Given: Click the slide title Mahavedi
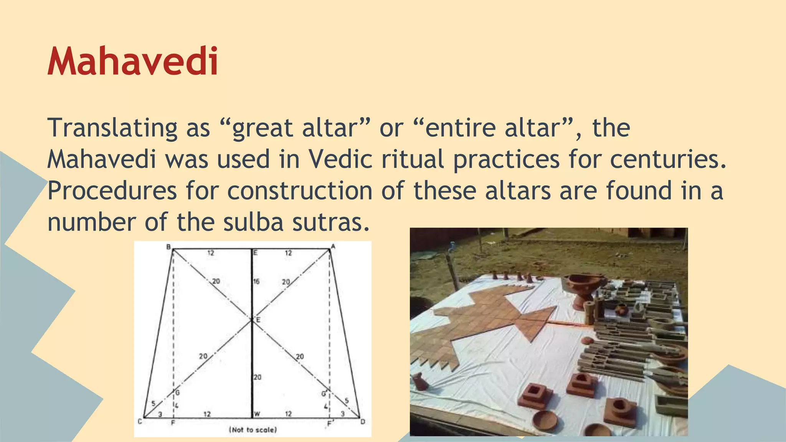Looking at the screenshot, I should tap(133, 62).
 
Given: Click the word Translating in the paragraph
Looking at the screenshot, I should tap(112, 128).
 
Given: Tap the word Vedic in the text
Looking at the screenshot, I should tap(340, 159).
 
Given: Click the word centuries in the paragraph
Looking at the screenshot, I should tap(668, 159).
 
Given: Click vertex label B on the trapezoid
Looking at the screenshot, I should tap(168, 247).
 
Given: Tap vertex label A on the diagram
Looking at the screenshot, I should tap(333, 246).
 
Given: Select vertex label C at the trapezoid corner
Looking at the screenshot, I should tap(140, 422).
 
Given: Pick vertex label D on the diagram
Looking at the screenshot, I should tap(363, 422).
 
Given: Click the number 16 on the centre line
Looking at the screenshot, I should tap(256, 281).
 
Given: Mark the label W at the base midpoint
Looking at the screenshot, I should tap(257, 414).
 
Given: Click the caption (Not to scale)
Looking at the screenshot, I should tap(253, 430).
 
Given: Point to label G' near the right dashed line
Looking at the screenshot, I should tap(324, 394).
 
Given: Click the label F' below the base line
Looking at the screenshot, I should tap(329, 424).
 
